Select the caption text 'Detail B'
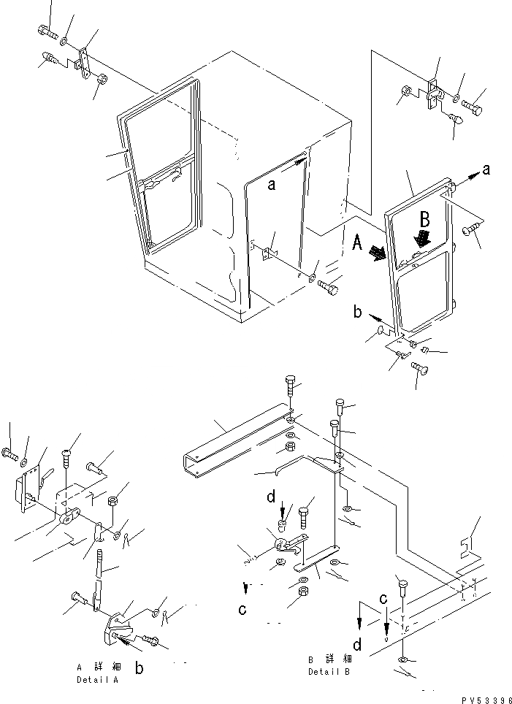329,671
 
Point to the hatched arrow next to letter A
378,253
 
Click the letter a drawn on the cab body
271,185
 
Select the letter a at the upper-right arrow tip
486,169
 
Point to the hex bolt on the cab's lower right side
329,288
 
